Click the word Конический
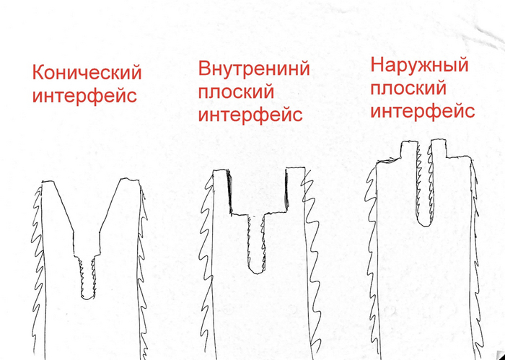click(x=86, y=73)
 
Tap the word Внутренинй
click(x=253, y=69)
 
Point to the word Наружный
click(x=418, y=66)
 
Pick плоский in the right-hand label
click(x=408, y=89)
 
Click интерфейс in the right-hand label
click(x=422, y=111)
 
